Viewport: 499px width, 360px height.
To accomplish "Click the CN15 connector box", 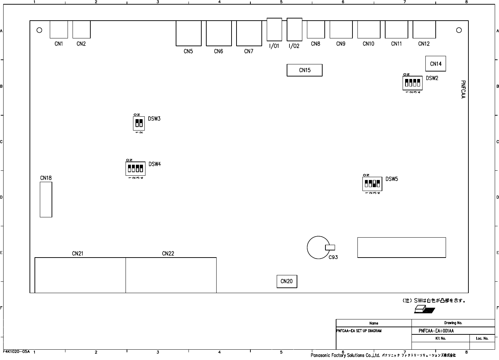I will pos(304,70).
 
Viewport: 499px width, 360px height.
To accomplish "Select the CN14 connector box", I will pos(436,64).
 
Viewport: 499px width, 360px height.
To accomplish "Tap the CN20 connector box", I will pos(287,281).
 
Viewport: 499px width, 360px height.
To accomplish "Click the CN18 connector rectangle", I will pos(46,199).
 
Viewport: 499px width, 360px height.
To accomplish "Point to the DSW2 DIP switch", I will pos(413,83).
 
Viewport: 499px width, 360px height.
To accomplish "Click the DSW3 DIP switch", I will pos(139,123).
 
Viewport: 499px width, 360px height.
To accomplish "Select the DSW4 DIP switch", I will pos(136,169).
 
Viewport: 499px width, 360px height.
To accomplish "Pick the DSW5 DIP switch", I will pos(372,184).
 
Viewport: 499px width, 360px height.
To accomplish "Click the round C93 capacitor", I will pos(318,248).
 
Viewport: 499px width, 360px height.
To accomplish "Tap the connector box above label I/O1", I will pos(274,30).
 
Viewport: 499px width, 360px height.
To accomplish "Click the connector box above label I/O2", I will pos(294,30).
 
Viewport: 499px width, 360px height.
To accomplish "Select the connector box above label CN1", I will pos(59,29).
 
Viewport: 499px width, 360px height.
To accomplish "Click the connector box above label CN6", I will pos(219,33).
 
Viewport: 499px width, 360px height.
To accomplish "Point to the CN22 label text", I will pos(168,254).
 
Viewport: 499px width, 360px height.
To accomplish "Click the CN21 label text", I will pos(78,254).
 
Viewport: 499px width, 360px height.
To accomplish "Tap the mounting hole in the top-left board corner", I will pos(39,30).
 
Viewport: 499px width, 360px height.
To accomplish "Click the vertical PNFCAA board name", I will pos(463,89).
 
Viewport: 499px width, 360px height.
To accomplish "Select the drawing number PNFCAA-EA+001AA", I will pos(436,331).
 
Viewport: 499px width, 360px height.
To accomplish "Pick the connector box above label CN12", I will pos(424,29).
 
